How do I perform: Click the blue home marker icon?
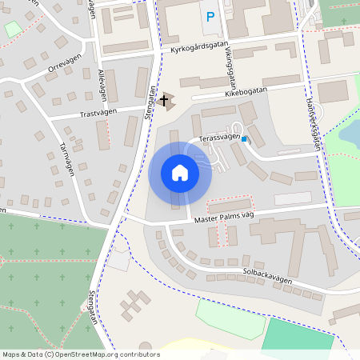pyautogui.click(x=179, y=173)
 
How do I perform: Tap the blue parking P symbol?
pyautogui.click(x=210, y=16)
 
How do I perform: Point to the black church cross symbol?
pyautogui.click(x=165, y=101)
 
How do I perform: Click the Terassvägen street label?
pyautogui.click(x=219, y=138)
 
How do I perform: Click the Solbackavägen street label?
pyautogui.click(x=267, y=276)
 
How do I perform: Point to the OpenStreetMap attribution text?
pyautogui.click(x=81, y=354)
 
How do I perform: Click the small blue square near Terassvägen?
pyautogui.click(x=245, y=141)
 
